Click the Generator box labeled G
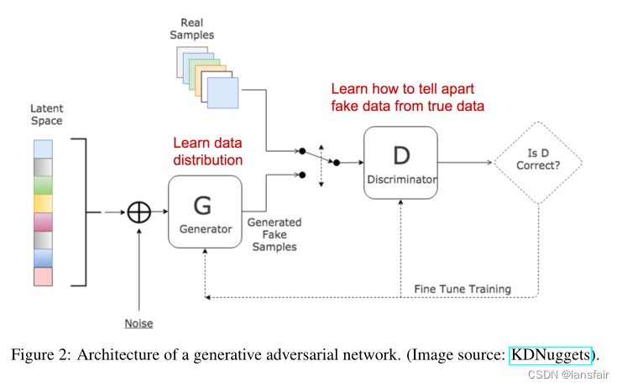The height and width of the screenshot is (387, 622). point(205,212)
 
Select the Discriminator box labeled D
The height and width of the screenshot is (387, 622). point(400,162)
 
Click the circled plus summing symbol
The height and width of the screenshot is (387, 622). point(139,212)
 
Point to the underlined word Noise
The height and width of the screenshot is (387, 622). point(139,323)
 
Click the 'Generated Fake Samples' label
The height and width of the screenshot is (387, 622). point(274,235)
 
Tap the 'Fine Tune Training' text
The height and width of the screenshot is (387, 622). point(462,289)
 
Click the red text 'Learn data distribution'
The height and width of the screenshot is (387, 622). point(208,152)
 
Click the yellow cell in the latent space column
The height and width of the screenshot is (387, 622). point(44,203)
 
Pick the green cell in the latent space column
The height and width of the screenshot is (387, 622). point(44,183)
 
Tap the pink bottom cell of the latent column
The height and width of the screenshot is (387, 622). point(44,276)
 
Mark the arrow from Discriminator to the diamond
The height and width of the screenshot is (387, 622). point(466,162)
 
